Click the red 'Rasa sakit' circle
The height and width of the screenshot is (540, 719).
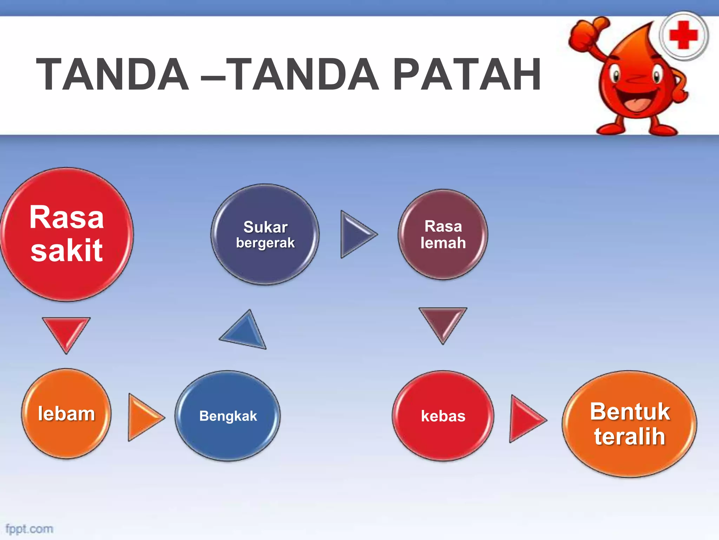click(x=67, y=234)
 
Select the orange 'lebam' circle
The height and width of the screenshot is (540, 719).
click(x=66, y=414)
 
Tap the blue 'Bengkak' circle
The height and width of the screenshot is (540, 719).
click(x=228, y=416)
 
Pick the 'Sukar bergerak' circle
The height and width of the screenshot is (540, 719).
click(x=265, y=234)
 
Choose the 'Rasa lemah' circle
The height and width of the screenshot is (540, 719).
click(x=443, y=234)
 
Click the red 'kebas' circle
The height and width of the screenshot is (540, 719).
click(x=443, y=416)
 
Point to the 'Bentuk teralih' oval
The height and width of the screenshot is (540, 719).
click(x=629, y=424)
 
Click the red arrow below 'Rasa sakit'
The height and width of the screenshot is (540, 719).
click(x=66, y=332)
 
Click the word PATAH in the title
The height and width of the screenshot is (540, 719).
click(x=467, y=75)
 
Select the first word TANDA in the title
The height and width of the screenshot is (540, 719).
click(x=112, y=75)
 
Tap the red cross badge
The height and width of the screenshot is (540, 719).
click(x=683, y=36)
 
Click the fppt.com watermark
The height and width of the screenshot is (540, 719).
click(x=29, y=529)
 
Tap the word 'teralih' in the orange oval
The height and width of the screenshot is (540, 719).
click(x=629, y=437)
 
